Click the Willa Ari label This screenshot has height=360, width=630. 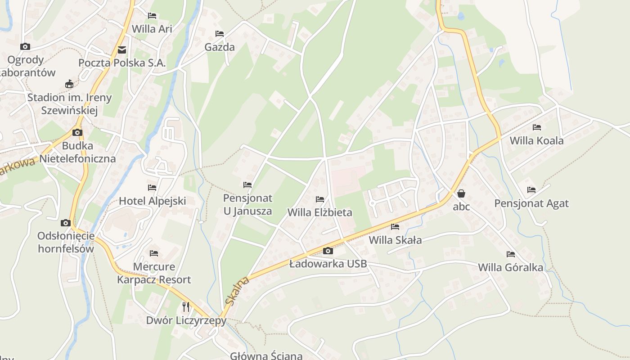(x=152, y=29)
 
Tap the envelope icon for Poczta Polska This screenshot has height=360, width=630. (x=122, y=50)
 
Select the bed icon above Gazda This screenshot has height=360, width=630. (x=220, y=34)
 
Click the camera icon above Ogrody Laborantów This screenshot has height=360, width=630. (x=25, y=46)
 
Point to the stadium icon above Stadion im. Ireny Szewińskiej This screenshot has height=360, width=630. (x=69, y=84)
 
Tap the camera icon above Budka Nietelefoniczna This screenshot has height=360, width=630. (x=77, y=132)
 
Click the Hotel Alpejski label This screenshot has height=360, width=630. (x=152, y=201)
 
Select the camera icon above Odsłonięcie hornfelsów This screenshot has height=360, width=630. (x=66, y=223)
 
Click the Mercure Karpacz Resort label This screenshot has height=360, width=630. (x=154, y=273)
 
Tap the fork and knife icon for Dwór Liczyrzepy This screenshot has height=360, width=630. (x=186, y=307)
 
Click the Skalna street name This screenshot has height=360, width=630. (x=237, y=292)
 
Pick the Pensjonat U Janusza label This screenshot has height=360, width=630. (x=247, y=204)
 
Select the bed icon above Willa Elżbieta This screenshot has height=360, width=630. (x=320, y=199)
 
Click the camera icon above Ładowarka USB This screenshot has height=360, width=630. (x=328, y=251)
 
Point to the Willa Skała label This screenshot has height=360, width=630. (x=395, y=240)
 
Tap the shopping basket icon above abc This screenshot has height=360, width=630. (x=461, y=193)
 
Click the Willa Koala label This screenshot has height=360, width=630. (x=536, y=140)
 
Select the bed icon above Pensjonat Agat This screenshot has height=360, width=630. (x=531, y=190)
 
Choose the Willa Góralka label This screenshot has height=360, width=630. (x=510, y=267)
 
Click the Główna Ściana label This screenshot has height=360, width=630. (x=266, y=355)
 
